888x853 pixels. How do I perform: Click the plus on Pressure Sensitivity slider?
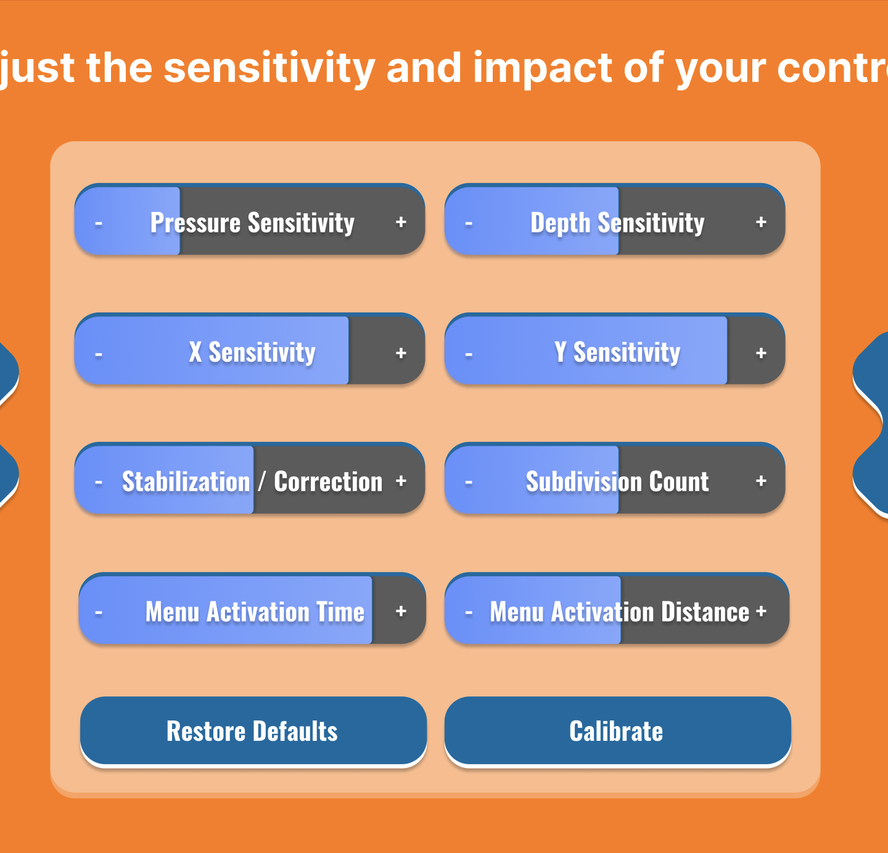(x=401, y=222)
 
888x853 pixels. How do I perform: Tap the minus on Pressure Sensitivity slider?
(x=99, y=224)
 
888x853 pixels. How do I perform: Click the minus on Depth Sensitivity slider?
(x=469, y=224)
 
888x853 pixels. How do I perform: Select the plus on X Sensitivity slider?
(x=401, y=353)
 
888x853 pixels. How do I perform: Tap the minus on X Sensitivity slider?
(x=99, y=354)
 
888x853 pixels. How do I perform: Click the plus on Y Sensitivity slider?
(x=761, y=353)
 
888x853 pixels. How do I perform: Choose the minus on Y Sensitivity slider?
(x=469, y=354)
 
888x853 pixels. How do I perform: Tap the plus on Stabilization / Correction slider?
(x=401, y=481)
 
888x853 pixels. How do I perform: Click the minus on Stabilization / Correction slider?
(x=99, y=482)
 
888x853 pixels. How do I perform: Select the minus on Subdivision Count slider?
(x=469, y=482)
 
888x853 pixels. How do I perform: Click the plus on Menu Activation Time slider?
(x=401, y=611)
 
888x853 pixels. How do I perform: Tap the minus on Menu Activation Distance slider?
(x=469, y=613)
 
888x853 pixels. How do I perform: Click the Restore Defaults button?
(x=253, y=732)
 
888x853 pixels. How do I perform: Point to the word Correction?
(x=328, y=482)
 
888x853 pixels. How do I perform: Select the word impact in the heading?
(x=543, y=68)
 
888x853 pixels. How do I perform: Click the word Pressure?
(x=195, y=222)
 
